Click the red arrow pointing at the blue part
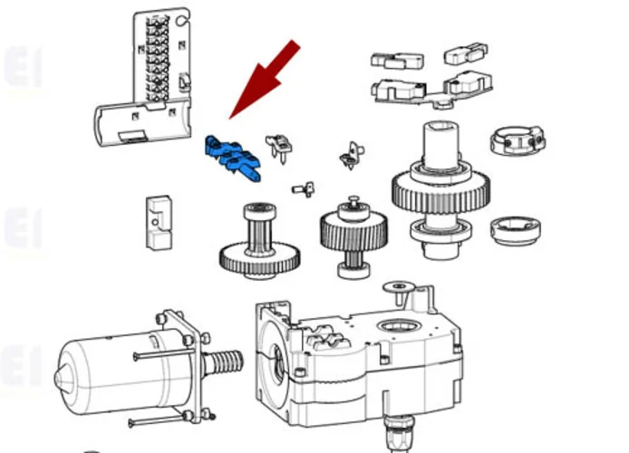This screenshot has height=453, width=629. (x=267, y=76)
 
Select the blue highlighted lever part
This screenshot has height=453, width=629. (x=234, y=157)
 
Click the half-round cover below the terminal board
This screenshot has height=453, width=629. (x=140, y=125)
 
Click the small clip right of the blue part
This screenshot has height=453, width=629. (x=280, y=146)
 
